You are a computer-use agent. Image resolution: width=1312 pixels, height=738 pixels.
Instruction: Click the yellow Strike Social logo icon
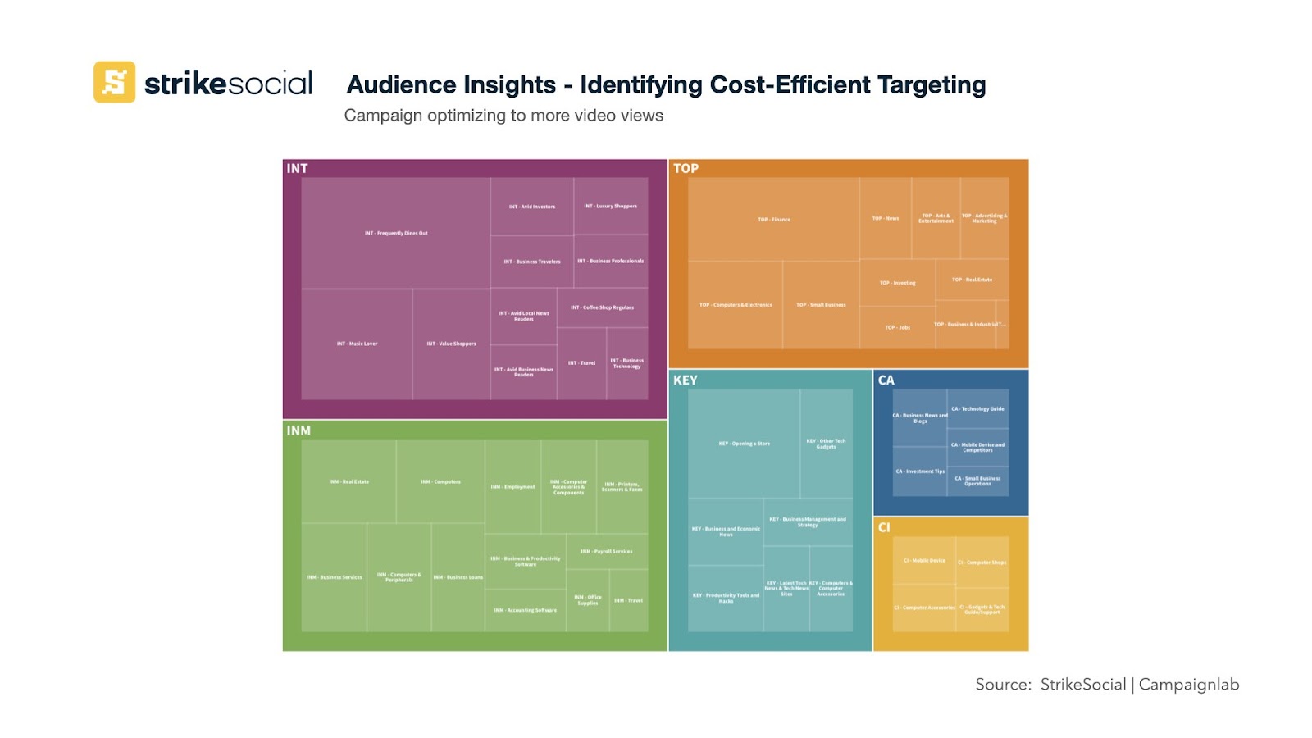coord(114,82)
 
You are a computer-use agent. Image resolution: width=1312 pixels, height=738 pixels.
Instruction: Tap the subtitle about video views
coord(503,116)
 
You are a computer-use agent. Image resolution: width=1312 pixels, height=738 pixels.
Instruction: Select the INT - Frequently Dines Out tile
coord(396,233)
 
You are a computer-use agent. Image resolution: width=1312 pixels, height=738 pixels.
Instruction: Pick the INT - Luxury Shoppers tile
coord(611,207)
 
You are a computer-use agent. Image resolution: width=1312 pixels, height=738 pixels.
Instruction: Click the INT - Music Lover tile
coord(357,344)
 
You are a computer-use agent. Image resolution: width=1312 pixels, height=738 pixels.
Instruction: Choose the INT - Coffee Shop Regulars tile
coord(603,307)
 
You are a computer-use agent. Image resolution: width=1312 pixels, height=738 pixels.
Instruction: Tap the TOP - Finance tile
coord(774,220)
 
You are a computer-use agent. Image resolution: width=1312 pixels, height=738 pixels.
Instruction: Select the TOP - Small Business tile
coord(821,305)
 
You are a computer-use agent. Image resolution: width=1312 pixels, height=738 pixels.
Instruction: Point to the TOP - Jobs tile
coord(897,328)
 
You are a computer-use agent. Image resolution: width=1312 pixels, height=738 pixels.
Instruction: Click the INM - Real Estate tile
coord(349,482)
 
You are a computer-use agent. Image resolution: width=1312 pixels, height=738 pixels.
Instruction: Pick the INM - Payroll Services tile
coord(607,552)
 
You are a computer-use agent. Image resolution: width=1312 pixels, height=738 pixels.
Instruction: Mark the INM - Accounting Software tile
coord(525,610)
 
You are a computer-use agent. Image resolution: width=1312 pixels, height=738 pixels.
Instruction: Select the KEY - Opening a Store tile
coord(744,444)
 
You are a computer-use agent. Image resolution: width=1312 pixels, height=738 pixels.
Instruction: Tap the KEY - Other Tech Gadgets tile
coord(826,444)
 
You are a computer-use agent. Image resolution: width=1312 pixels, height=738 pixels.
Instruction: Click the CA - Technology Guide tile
coord(977,408)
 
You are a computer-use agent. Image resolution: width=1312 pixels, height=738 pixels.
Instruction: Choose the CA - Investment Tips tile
coord(919,471)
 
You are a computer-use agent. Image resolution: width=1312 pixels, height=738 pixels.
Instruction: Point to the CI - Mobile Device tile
coord(924,561)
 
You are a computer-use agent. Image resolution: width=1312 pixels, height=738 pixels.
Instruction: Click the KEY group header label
coord(686,380)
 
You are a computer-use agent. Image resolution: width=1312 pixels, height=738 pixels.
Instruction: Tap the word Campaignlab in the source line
coord(1189,685)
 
